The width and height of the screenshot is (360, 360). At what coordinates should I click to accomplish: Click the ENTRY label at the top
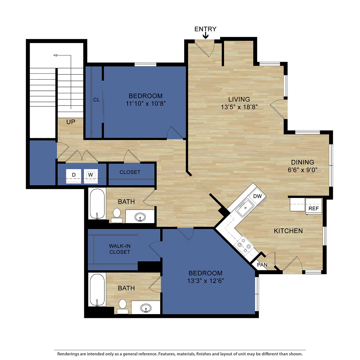(x=205, y=29)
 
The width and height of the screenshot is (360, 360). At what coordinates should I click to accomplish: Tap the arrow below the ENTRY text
(x=205, y=35)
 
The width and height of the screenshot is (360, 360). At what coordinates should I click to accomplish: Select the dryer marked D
(x=74, y=175)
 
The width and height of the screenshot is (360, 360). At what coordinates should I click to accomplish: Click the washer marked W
(x=91, y=175)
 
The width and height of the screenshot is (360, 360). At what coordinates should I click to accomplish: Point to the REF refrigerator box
(x=313, y=208)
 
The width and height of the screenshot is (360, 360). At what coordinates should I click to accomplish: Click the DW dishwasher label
(x=257, y=196)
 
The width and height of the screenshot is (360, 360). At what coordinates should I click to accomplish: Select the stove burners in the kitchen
(x=243, y=245)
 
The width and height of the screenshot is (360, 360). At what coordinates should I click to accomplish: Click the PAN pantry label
(x=262, y=265)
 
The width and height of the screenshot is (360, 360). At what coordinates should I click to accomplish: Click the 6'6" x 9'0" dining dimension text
(x=302, y=170)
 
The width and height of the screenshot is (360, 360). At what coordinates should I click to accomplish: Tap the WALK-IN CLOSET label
(x=120, y=249)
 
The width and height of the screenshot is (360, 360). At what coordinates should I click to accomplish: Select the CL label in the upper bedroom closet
(x=96, y=100)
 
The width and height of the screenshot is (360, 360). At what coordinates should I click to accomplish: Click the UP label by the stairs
(x=71, y=122)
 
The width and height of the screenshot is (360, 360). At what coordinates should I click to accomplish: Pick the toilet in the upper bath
(x=117, y=214)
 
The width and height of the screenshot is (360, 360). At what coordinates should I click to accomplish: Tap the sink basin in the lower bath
(x=146, y=308)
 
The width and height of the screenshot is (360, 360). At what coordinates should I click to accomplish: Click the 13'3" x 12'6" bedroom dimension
(x=205, y=281)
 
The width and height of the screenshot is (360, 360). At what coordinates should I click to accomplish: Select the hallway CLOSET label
(x=130, y=172)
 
